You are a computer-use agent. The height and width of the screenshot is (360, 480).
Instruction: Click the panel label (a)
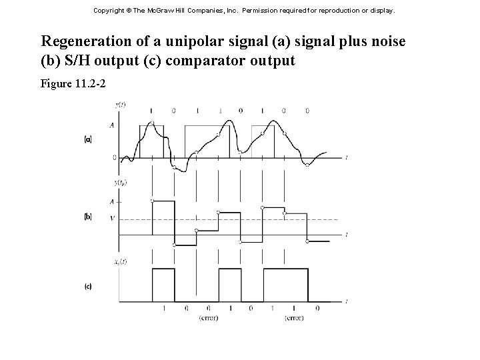[x=88, y=141]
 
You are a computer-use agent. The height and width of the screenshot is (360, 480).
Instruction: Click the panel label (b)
[x=88, y=217]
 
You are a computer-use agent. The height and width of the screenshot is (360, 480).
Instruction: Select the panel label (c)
[x=88, y=287]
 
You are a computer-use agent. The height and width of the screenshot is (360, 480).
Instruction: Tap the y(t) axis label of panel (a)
[x=121, y=105]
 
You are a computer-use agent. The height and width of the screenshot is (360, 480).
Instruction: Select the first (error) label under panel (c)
[x=208, y=318]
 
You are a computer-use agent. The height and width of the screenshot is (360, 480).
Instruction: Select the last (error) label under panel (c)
[x=294, y=318]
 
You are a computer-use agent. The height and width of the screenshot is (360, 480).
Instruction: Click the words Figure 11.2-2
[x=74, y=85]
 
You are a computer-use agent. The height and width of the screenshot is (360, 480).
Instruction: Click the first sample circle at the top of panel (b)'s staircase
[x=153, y=200]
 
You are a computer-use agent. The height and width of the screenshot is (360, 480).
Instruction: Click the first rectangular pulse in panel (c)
[x=163, y=283]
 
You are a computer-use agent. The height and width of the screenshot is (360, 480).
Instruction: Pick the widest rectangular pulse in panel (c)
[x=285, y=283]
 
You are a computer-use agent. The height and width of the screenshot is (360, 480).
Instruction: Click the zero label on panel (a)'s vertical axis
[x=114, y=158]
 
